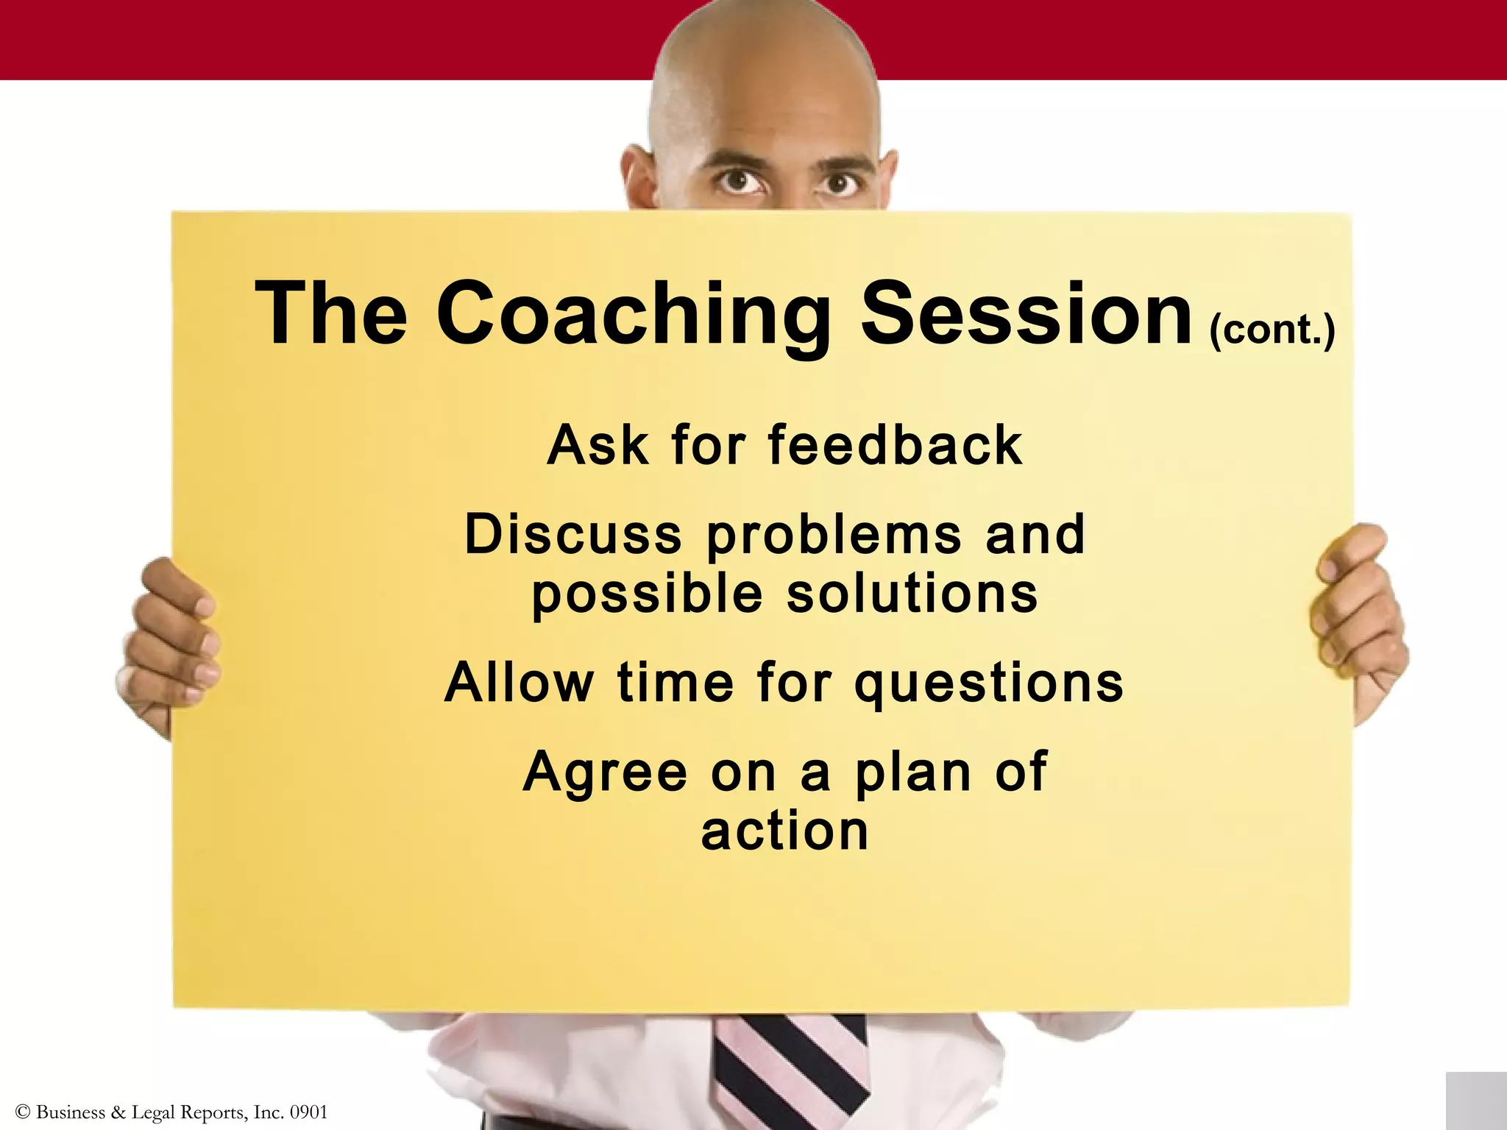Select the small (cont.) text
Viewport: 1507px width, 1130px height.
pyautogui.click(x=1272, y=329)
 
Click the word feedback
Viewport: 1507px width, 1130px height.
pyautogui.click(x=895, y=446)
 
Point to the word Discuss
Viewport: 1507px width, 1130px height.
pyautogui.click(x=573, y=535)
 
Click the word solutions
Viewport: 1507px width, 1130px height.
pyautogui.click(x=912, y=594)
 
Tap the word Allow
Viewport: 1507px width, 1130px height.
pyautogui.click(x=520, y=683)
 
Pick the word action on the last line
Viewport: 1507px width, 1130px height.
pyautogui.click(x=785, y=832)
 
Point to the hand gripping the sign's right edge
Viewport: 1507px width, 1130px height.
pyautogui.click(x=1358, y=618)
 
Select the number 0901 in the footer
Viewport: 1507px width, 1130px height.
pyautogui.click(x=308, y=1112)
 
